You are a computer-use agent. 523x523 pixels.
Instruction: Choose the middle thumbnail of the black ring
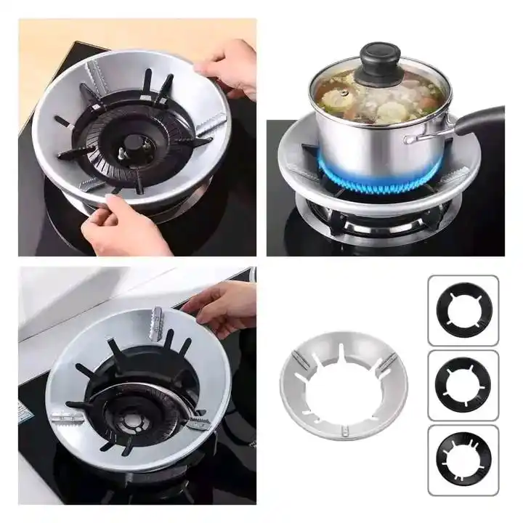tap(463, 385)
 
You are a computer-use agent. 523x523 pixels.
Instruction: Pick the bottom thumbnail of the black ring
tap(463, 460)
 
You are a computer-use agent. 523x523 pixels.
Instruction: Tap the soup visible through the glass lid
tap(378, 94)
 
